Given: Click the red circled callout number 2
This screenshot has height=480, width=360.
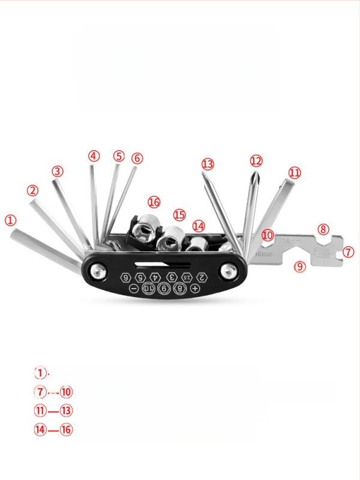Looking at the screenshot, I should (32, 191).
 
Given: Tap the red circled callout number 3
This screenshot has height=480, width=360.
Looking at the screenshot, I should (57, 171).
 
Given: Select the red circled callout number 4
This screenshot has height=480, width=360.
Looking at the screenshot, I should (93, 155).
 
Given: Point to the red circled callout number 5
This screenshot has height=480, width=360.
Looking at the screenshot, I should (118, 156).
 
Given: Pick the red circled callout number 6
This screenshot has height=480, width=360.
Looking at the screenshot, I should (137, 158).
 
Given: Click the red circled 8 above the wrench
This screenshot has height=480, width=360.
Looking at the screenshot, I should (323, 229).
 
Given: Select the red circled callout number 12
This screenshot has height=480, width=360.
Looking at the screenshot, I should (256, 161).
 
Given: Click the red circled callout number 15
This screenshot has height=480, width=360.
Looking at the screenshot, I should (179, 215).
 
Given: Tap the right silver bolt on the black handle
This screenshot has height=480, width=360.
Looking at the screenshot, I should (228, 271).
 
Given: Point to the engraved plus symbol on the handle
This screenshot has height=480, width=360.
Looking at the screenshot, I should (195, 289).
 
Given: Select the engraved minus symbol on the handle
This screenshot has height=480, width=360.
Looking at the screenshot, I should (133, 289).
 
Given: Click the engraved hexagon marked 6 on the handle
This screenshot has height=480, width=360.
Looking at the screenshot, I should (126, 277).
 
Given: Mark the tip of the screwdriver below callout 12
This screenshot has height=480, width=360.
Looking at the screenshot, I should (256, 175).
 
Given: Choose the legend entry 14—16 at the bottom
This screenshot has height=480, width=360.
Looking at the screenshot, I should (53, 430).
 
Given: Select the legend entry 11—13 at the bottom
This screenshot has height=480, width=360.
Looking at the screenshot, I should (53, 411).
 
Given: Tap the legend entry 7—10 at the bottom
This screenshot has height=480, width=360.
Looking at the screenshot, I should (53, 392).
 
